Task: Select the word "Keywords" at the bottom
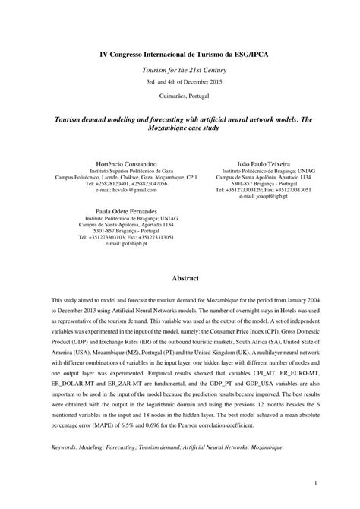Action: (x=67, y=447)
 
